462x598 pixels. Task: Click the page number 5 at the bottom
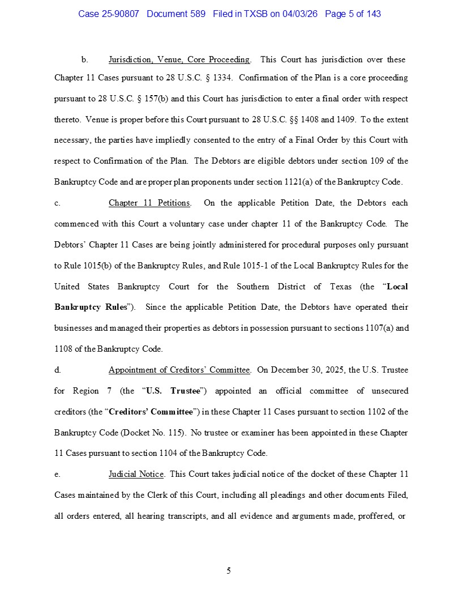pos(229,570)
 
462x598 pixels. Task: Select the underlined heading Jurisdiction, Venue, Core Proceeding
pos(179,59)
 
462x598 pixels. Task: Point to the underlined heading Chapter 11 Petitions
pos(149,203)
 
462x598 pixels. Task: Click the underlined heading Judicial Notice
pos(136,474)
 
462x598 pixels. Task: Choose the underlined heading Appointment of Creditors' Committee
pos(179,370)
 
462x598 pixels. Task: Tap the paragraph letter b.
pos(84,59)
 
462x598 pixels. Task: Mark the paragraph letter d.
pos(57,370)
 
